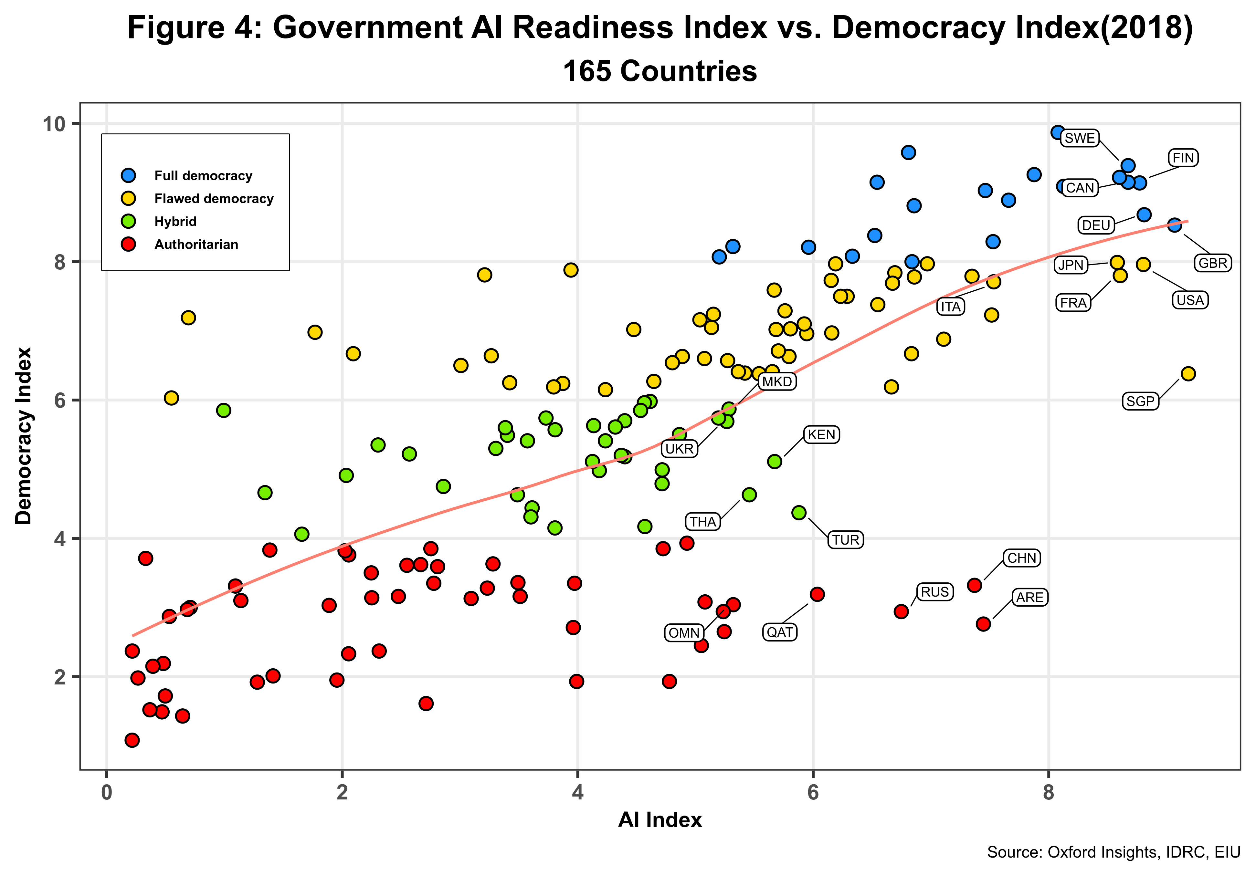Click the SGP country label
point(1140,401)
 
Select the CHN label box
point(1022,558)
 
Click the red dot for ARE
point(983,624)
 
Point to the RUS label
point(934,592)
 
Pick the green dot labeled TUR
point(799,512)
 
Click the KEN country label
point(821,435)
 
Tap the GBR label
point(1213,263)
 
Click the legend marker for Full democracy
point(129,175)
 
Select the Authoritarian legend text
point(196,245)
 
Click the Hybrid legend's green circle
point(129,222)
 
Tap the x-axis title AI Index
point(660,820)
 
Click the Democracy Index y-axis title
point(24,436)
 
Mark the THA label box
point(702,522)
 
